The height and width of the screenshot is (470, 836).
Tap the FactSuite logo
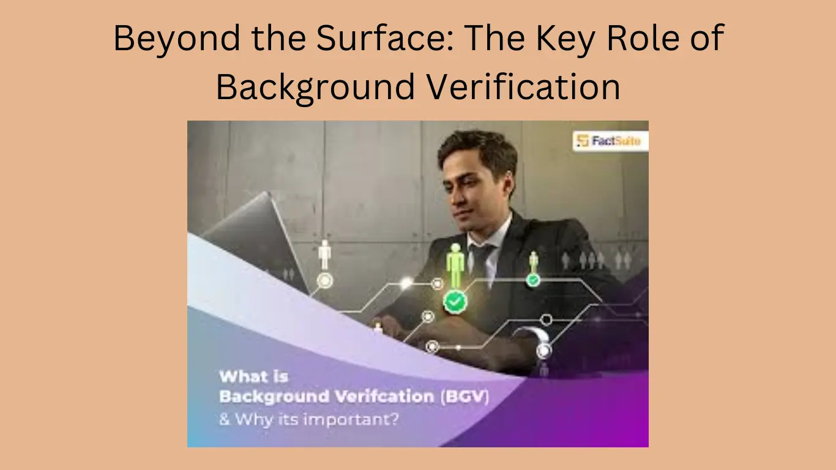610,141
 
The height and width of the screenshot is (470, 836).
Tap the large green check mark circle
454,301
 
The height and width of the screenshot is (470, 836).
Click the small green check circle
533,280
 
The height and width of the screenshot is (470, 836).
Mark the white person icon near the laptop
324,254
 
